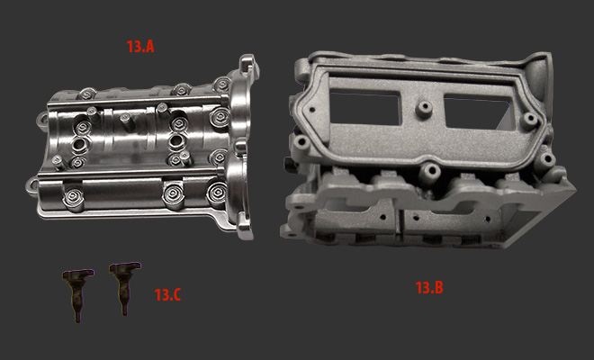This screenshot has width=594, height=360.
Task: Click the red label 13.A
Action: coord(140,47)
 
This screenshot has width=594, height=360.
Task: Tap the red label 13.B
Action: coord(429,288)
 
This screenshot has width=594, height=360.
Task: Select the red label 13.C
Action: coord(167,295)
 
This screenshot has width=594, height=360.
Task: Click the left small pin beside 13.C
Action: coord(77,294)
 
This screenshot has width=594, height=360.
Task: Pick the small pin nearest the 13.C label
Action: coord(124,287)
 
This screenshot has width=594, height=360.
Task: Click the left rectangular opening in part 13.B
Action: coord(364,107)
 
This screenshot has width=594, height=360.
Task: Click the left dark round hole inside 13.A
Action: coord(80,144)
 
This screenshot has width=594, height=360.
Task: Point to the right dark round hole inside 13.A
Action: coord(177,141)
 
